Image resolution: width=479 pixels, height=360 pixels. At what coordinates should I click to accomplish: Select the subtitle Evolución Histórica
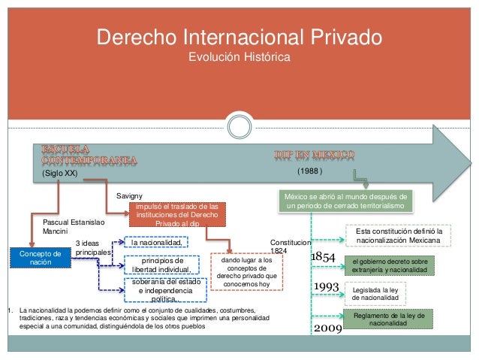(239, 57)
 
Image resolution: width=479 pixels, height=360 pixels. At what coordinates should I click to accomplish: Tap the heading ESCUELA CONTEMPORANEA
(89, 153)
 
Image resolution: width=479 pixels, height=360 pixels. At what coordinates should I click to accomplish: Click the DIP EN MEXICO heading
(313, 155)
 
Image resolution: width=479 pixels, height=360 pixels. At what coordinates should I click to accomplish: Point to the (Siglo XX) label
(60, 172)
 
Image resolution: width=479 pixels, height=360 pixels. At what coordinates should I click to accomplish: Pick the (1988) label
(309, 171)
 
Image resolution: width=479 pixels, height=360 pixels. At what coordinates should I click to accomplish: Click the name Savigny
(129, 195)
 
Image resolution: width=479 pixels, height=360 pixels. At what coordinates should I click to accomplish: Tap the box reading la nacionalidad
(156, 243)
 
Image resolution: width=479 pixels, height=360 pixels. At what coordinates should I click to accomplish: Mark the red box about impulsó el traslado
(173, 213)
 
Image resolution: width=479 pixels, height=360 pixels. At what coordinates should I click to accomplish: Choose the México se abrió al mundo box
(344, 201)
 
